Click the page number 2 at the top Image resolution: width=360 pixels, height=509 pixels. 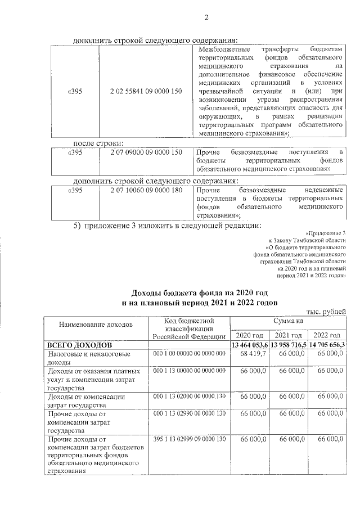point(206,17)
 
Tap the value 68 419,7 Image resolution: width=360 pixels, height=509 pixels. point(253,354)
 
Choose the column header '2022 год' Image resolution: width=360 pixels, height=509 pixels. point(327,335)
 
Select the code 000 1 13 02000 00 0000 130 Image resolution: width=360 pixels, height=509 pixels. point(189,397)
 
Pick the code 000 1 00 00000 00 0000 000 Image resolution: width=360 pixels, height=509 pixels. point(189,354)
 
